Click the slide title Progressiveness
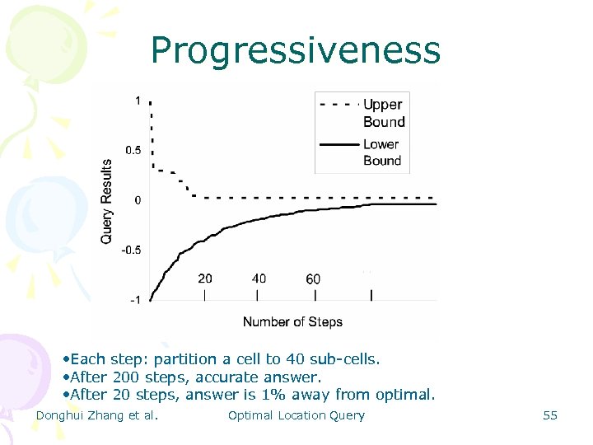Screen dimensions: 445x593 pos(296,51)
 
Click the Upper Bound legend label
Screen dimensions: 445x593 pos(384,113)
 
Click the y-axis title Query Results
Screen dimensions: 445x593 pos(107,200)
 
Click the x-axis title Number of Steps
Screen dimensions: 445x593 pos(292,321)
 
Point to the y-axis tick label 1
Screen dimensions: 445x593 pos(138,101)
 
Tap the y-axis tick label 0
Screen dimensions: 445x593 pos(138,200)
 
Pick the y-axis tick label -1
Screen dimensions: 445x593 pos(134,299)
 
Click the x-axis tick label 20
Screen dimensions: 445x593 pos(205,279)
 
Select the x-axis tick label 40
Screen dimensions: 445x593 pos(259,279)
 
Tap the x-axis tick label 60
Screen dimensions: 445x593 pos(313,279)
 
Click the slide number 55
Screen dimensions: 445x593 pos(550,415)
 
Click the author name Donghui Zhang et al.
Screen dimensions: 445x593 pos(97,415)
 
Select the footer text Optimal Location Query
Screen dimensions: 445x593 pos(296,415)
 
